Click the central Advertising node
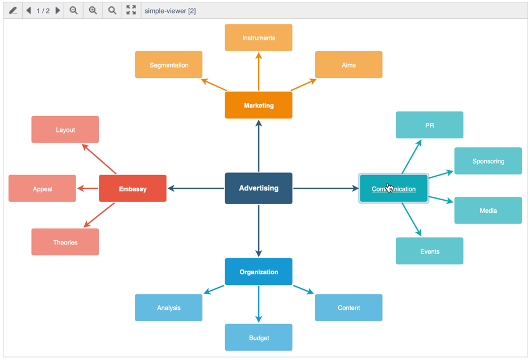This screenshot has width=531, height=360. [x=259, y=188]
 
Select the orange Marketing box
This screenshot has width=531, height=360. [x=259, y=105]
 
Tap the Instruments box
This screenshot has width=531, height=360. [x=259, y=38]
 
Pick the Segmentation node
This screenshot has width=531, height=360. [x=169, y=65]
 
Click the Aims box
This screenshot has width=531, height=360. [x=349, y=65]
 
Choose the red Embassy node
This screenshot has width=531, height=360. [x=132, y=189]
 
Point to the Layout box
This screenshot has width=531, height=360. [x=65, y=130]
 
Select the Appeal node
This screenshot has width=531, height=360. [x=43, y=189]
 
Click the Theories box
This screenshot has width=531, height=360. [x=65, y=242]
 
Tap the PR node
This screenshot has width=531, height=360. [x=429, y=125]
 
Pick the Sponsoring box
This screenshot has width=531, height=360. [x=488, y=161]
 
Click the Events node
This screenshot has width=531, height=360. [x=429, y=251]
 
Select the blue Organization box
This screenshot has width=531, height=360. [x=259, y=272]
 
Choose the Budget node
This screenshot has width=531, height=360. [x=259, y=338]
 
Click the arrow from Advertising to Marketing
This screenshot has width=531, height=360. [x=259, y=146]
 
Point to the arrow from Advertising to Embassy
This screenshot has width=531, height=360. [x=196, y=188]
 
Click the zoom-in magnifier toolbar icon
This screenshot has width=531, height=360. [x=93, y=10]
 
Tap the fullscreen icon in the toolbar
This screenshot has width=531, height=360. [x=131, y=10]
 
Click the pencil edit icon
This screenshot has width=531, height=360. [x=13, y=10]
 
